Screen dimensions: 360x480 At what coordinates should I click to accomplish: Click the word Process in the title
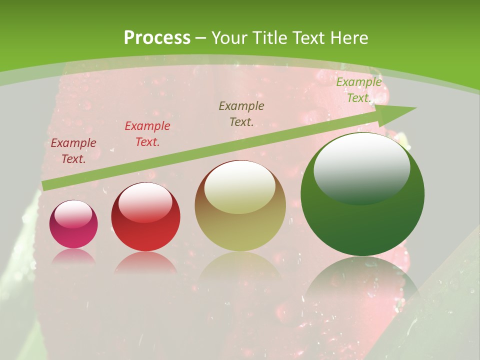click(x=157, y=38)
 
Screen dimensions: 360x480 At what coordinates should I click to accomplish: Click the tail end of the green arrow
click(x=44, y=186)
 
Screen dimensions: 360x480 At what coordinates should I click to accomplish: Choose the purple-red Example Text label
click(x=73, y=151)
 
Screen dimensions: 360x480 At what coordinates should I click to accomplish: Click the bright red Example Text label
click(x=147, y=134)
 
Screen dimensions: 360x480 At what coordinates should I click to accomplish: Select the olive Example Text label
click(x=241, y=113)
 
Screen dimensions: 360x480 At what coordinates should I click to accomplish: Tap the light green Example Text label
click(x=358, y=90)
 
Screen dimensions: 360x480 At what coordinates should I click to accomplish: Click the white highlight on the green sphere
click(x=361, y=167)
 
